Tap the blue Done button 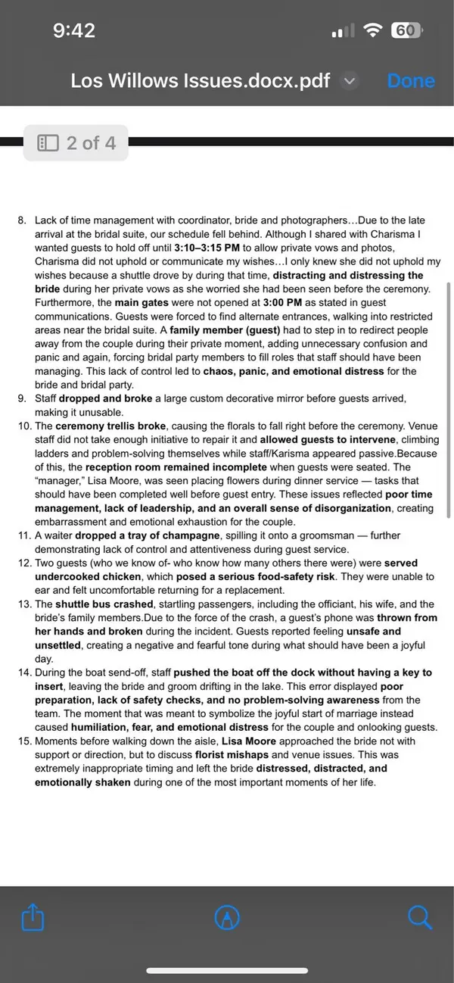pos(411,81)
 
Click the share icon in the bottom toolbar pos(33,918)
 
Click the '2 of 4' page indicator pos(76,142)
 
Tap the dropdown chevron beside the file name pos(349,81)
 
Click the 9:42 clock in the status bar pos(74,30)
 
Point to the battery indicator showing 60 pos(406,30)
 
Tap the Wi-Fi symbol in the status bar pos(372,30)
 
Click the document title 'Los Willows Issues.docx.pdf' pos(200,81)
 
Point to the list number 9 pos(21,398)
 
